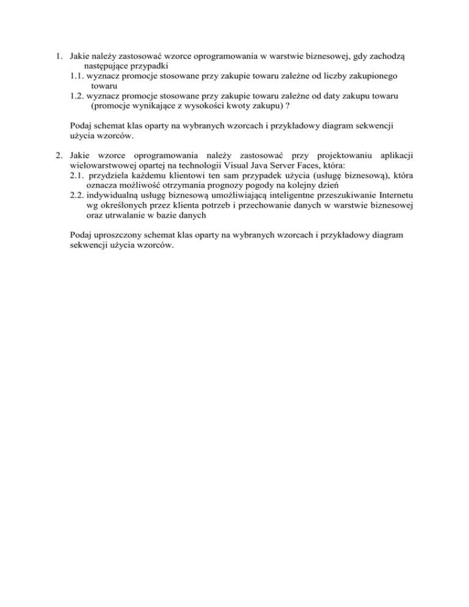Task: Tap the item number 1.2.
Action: click(76, 96)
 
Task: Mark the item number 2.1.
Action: click(77, 175)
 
